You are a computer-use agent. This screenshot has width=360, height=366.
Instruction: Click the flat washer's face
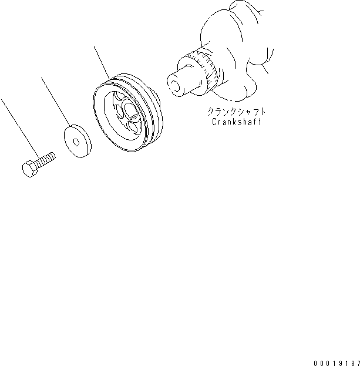(x=71, y=147)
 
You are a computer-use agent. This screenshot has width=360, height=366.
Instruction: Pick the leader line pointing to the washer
(x=55, y=100)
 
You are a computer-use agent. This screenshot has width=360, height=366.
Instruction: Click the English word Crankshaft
(x=235, y=122)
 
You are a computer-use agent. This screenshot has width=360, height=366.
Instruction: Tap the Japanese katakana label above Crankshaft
(x=235, y=112)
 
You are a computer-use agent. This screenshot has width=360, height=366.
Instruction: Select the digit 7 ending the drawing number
(x=356, y=356)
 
